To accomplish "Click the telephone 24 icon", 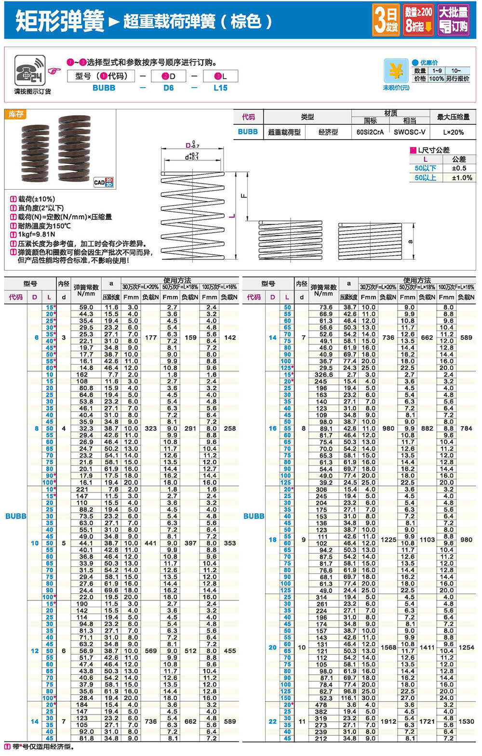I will click(29, 71).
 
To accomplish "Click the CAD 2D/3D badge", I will click(103, 182).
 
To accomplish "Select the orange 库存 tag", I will click(16, 114).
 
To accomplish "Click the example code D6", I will click(168, 88).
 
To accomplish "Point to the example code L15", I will click(220, 88).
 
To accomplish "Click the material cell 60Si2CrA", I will click(370, 132).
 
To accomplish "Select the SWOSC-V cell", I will click(409, 132).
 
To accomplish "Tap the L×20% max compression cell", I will click(453, 132).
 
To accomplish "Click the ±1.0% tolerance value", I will click(462, 178).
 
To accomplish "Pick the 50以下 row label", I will click(425, 168).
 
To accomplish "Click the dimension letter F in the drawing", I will click(243, 196).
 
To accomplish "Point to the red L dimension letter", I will click(232, 216).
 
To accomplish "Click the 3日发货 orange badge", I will click(386, 20).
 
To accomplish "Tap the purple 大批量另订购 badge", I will click(454, 20).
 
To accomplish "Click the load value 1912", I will click(388, 721).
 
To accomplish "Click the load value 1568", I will click(388, 647).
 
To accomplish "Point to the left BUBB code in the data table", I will click(15, 516).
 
